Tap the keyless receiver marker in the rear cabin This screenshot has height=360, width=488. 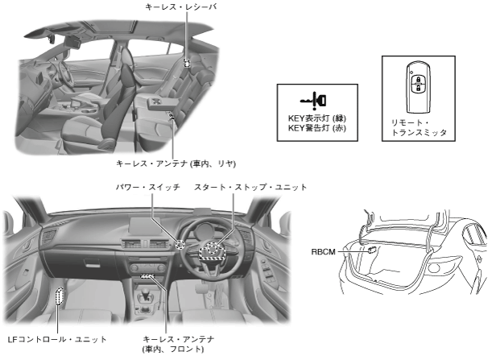[x=186, y=62]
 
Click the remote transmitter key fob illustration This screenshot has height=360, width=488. [x=418, y=86]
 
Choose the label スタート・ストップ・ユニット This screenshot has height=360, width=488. [x=250, y=187]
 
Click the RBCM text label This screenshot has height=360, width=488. [x=324, y=252]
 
